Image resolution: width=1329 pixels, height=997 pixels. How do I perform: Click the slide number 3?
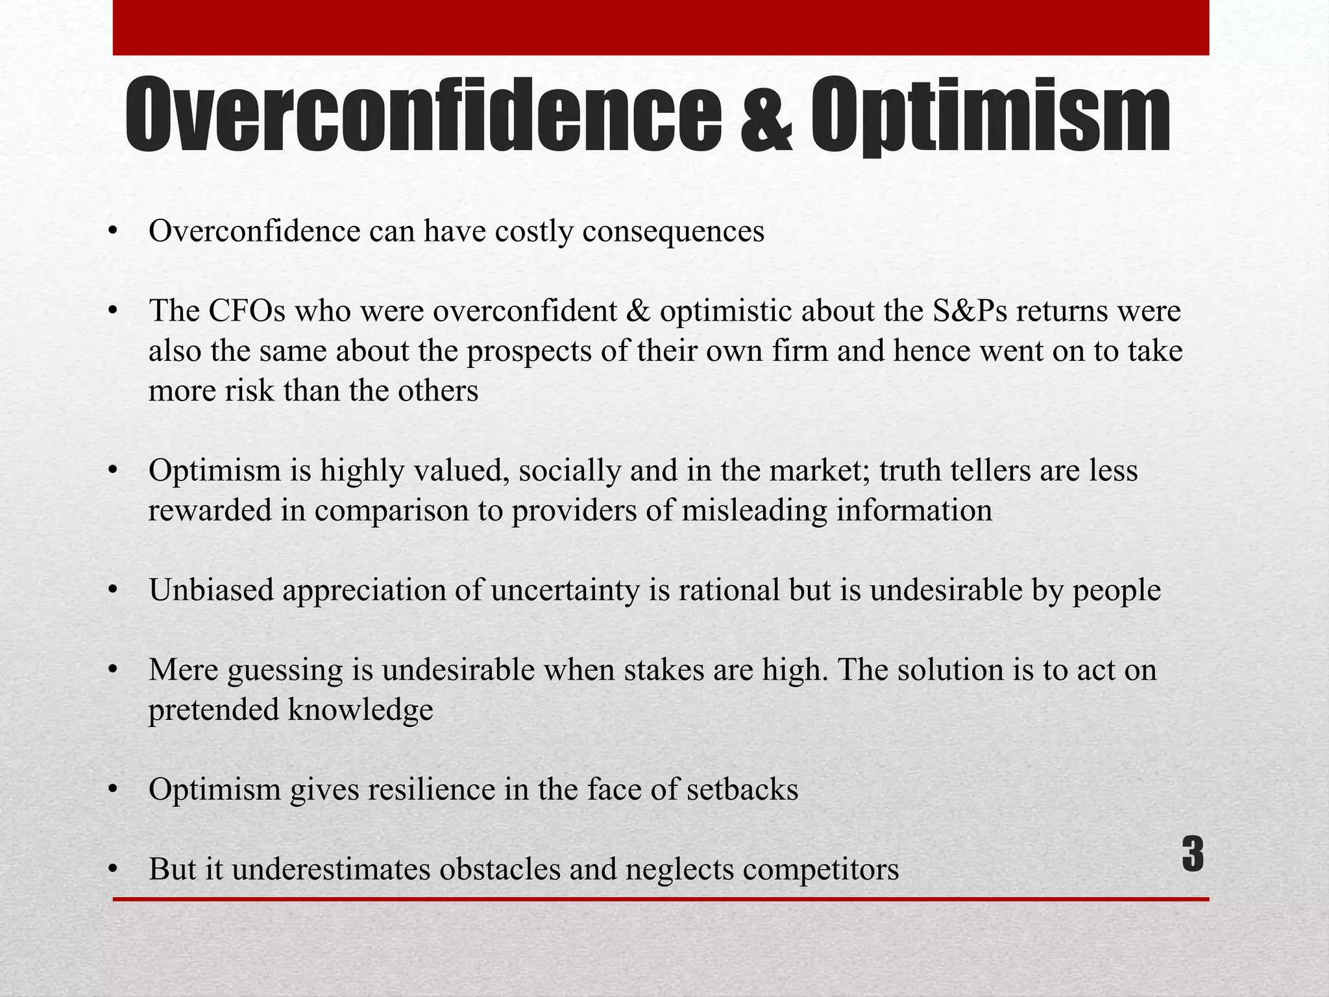pos(1193,855)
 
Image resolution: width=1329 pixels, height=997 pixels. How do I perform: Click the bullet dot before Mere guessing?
pos(114,669)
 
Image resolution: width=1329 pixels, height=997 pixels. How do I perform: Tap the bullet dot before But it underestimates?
pos(114,868)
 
